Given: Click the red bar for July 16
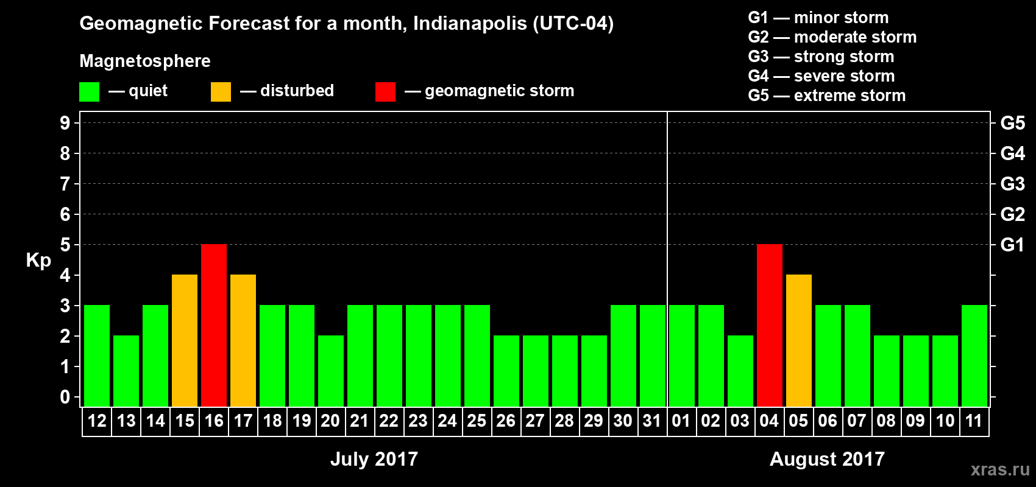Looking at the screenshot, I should (x=214, y=325).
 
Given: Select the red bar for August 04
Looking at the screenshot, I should (x=770, y=325).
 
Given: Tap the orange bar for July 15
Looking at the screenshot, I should (x=185, y=340).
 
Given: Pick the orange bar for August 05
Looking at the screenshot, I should (x=799, y=340).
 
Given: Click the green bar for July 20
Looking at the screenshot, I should (x=331, y=371).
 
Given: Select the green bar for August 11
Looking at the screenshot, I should (x=974, y=356).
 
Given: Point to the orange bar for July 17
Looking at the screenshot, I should (x=243, y=340).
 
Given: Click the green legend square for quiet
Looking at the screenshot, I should (x=90, y=92).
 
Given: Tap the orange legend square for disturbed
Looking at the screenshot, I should (x=221, y=92).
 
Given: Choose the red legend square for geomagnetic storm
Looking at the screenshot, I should (x=385, y=92).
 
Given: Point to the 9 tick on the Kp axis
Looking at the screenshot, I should (x=65, y=123).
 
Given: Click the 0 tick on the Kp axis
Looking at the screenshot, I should (x=65, y=398).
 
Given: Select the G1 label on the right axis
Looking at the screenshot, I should (x=1012, y=245).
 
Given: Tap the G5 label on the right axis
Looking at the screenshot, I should (x=1012, y=123).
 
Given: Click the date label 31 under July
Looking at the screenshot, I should (x=652, y=421).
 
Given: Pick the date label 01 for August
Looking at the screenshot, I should (x=681, y=421).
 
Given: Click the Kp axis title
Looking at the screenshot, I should (x=38, y=261).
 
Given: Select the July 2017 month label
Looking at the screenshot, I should (x=374, y=459).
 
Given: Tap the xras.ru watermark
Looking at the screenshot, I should (x=1000, y=469).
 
